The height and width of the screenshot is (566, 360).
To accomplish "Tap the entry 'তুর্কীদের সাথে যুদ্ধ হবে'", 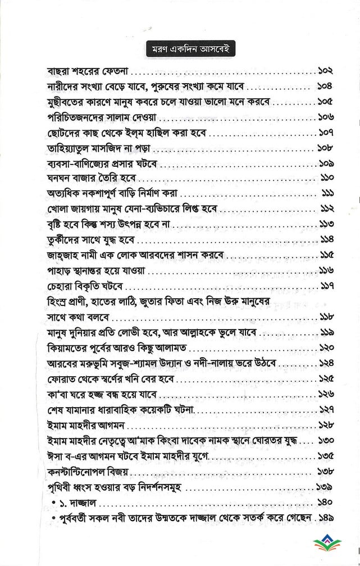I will pyautogui.click(x=83, y=240).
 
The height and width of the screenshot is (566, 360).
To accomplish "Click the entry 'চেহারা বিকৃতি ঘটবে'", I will pyautogui.click(x=76, y=286).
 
